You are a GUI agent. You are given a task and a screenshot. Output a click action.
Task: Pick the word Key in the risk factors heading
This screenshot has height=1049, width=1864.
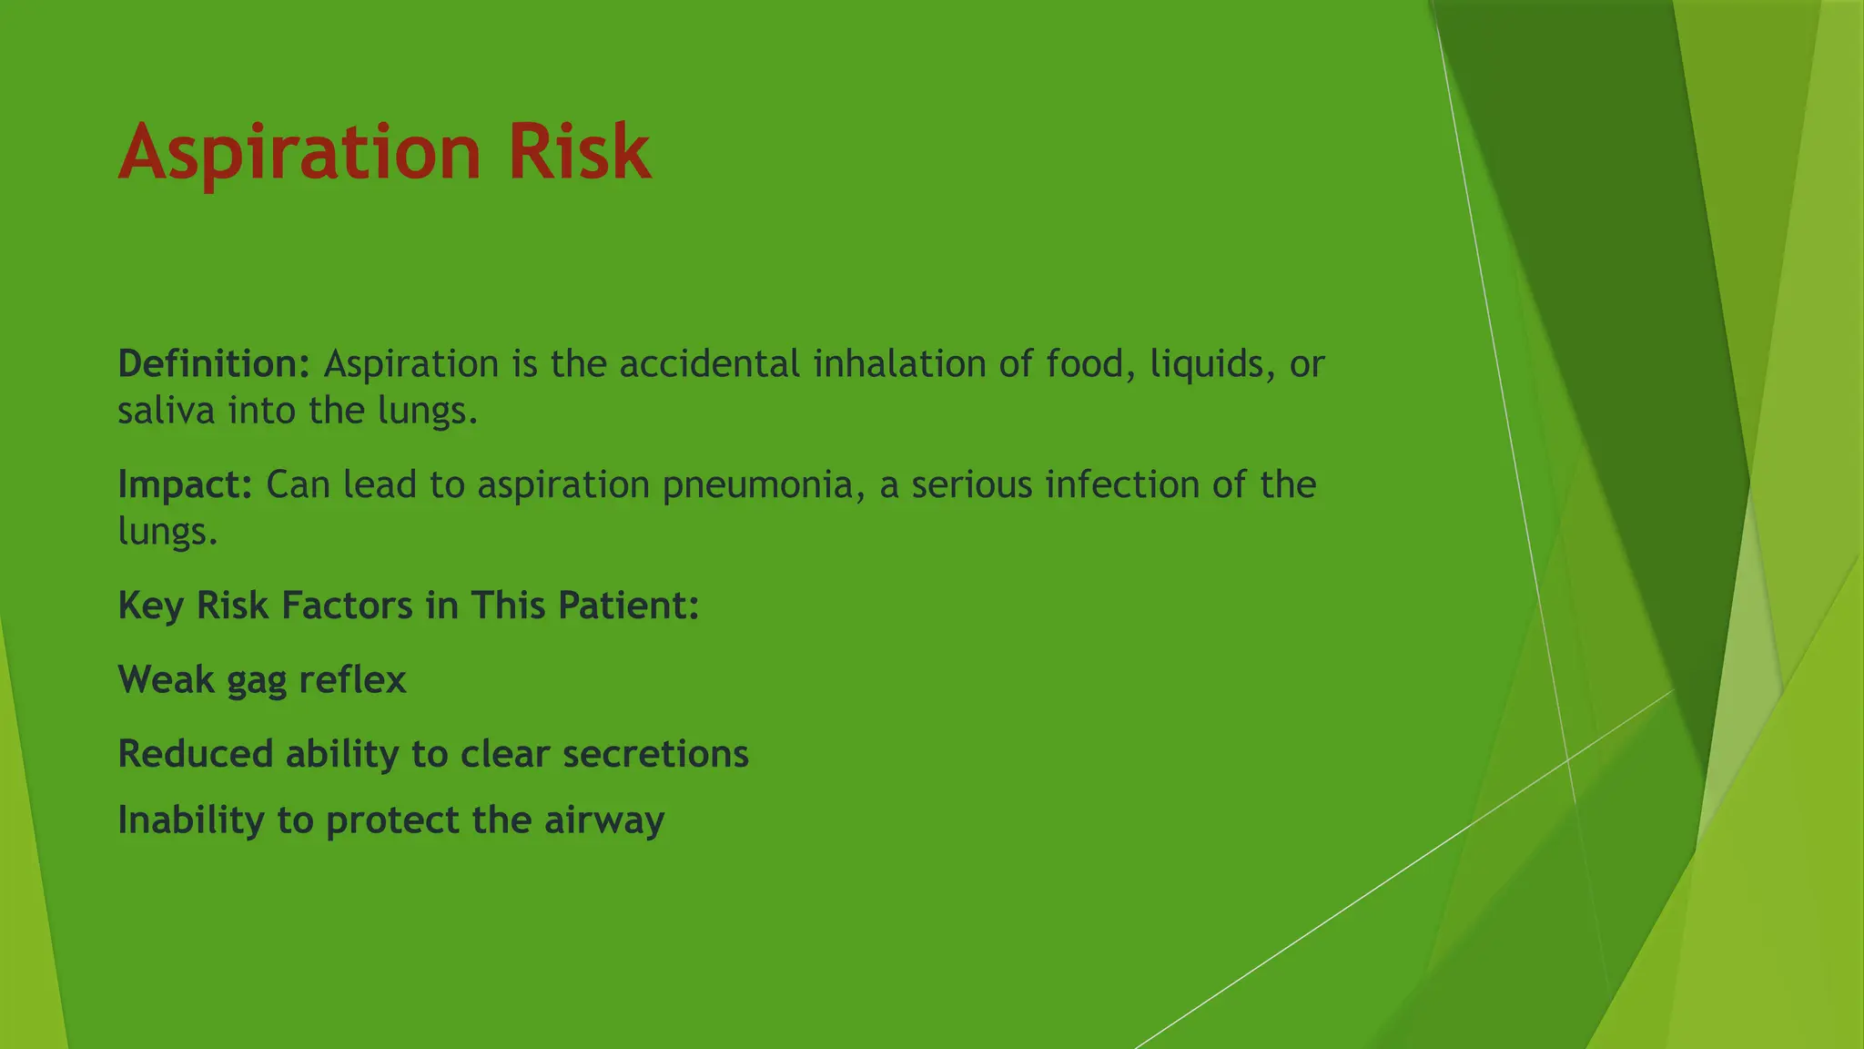pyautogui.click(x=150, y=606)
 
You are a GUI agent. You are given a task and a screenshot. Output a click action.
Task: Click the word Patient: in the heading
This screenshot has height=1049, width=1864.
pyautogui.click(x=628, y=606)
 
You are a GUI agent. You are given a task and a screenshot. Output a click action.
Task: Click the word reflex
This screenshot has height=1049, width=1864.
pyautogui.click(x=352, y=680)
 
